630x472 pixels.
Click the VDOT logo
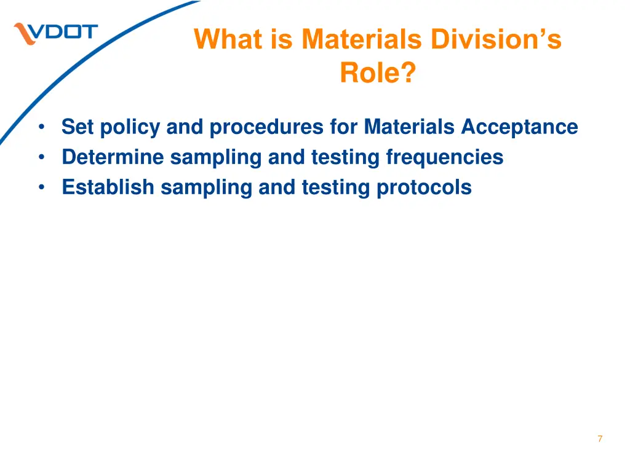coord(56,33)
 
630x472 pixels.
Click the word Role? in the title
coord(378,73)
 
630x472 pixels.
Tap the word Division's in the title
coord(496,39)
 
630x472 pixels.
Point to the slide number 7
coord(600,439)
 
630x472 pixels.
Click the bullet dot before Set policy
coord(41,127)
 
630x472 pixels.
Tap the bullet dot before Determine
coord(41,157)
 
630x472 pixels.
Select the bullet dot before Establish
coord(41,187)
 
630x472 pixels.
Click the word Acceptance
coord(519,127)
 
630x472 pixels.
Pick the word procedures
coord(266,127)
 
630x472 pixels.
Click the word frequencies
coord(444,157)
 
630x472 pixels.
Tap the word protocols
coord(424,187)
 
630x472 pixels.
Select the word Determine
coord(113,157)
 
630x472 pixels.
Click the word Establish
coord(108,187)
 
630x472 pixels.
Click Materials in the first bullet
coord(409,127)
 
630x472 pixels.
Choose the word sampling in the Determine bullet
coord(216,157)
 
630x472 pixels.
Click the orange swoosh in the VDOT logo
coord(25,34)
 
